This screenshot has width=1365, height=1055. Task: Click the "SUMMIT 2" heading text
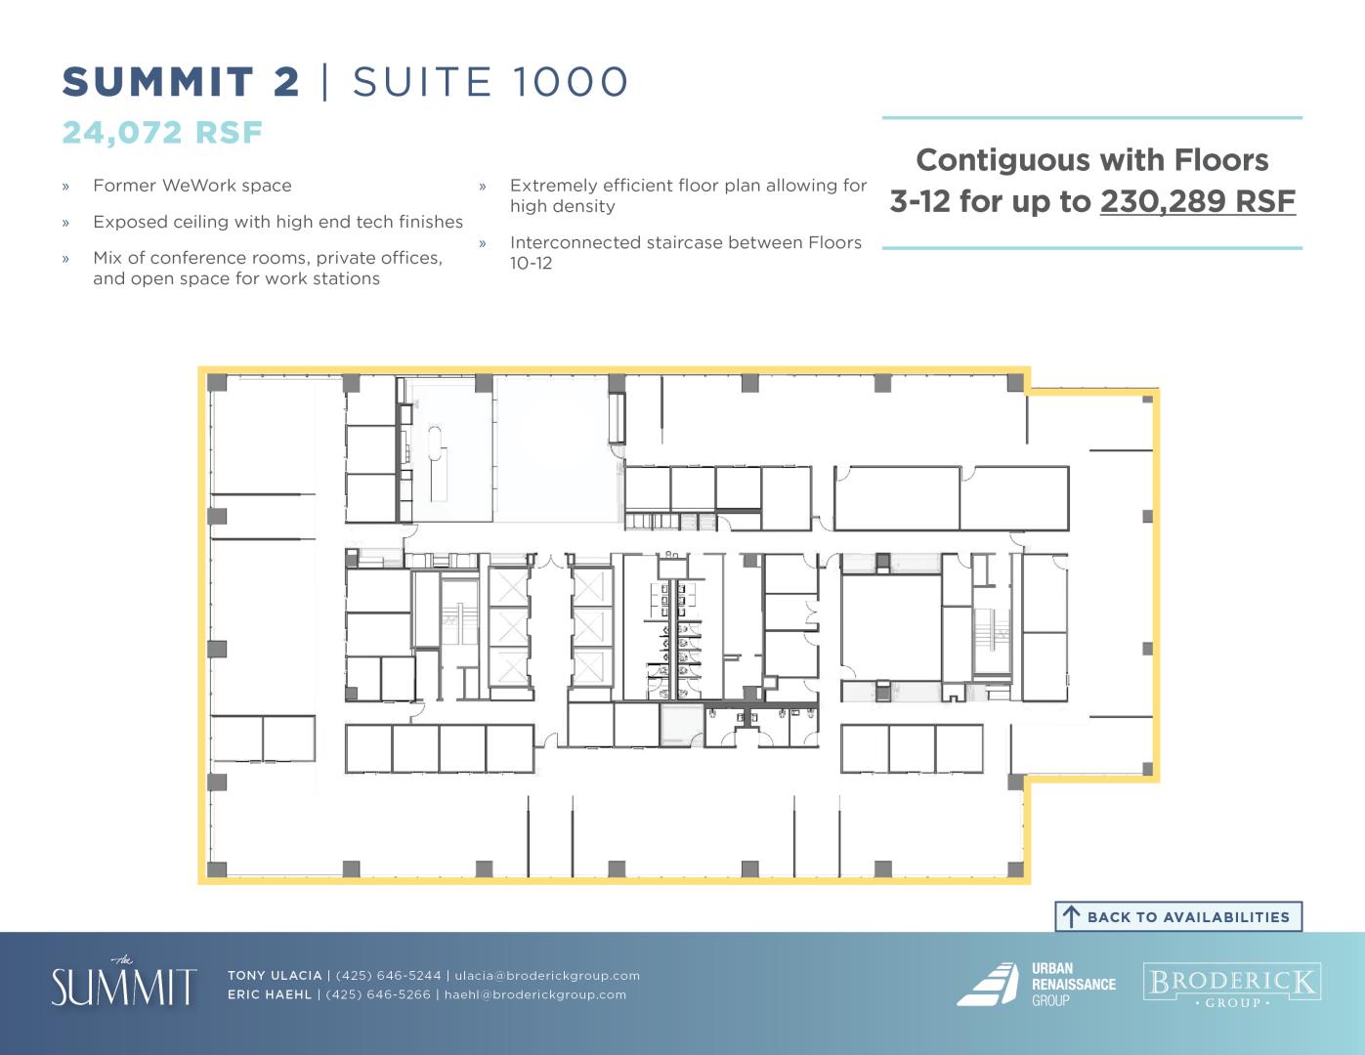(x=181, y=82)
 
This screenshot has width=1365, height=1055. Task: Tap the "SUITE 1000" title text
(x=490, y=82)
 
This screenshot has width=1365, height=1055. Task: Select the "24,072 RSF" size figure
(x=162, y=133)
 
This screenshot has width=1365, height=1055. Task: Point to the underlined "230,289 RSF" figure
(x=1197, y=201)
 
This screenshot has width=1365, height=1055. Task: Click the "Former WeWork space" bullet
(x=192, y=186)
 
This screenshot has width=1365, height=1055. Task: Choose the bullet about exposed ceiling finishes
(x=277, y=222)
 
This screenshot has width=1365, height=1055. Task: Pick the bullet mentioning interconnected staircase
(x=685, y=252)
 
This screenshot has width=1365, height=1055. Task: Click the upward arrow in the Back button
(x=1071, y=917)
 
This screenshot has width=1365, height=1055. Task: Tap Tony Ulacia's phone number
(x=388, y=975)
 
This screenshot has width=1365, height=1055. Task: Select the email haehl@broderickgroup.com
(x=535, y=994)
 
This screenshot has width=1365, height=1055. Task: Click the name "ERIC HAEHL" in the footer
(x=270, y=994)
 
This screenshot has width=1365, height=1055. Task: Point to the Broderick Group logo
(x=1232, y=985)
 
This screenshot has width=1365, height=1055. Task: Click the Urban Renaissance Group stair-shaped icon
(x=988, y=984)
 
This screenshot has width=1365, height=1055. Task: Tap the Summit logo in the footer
(x=124, y=983)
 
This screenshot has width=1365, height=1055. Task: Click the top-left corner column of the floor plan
(x=217, y=383)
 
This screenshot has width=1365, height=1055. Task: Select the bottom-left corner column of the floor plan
(x=217, y=869)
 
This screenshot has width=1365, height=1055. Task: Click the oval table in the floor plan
(x=435, y=443)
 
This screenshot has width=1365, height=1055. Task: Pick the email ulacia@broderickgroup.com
(x=547, y=975)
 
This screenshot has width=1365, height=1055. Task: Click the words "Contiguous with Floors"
(x=1091, y=160)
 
